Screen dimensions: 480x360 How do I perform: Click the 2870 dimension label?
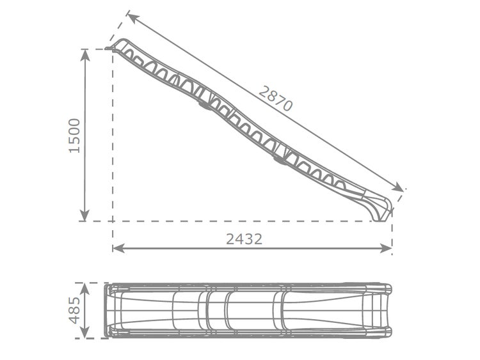275,98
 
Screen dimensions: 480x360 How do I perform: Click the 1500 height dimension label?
74,136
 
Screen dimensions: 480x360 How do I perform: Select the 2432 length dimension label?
244,239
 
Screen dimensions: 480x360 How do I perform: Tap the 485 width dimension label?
74,310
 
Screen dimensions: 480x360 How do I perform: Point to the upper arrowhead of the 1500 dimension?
84,54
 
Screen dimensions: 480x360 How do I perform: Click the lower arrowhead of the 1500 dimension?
84,215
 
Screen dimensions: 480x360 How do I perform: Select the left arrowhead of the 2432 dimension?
118,248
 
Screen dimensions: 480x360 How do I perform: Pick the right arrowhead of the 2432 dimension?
386,248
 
